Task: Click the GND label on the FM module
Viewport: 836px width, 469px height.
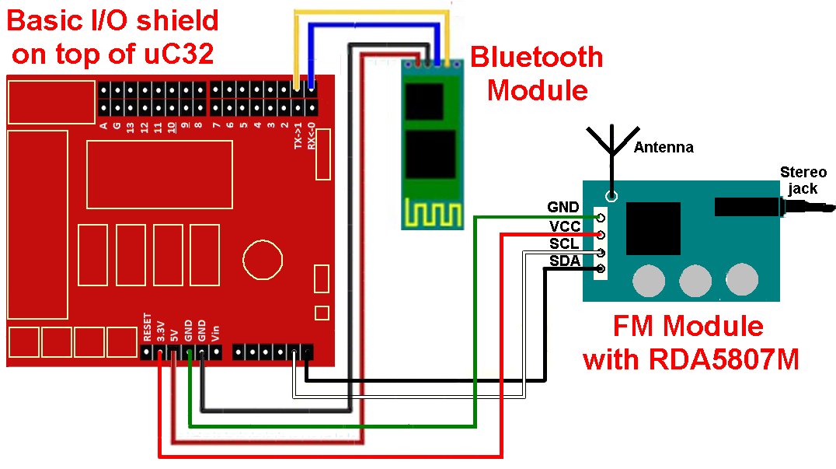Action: pos(563,208)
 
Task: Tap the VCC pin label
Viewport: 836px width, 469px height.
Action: pos(564,226)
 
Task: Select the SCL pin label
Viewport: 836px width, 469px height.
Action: pos(565,244)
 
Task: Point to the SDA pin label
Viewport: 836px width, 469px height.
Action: pos(565,261)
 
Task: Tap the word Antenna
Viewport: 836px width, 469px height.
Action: pos(664,147)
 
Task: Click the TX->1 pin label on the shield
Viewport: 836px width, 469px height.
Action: pos(298,136)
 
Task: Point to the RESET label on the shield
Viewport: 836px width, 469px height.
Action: pos(146,327)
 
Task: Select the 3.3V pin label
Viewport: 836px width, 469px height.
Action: pos(160,331)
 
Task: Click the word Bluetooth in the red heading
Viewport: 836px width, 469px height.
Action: pos(537,57)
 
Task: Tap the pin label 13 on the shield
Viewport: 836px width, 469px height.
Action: pos(131,126)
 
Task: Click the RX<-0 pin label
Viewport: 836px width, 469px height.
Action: pos(312,136)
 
